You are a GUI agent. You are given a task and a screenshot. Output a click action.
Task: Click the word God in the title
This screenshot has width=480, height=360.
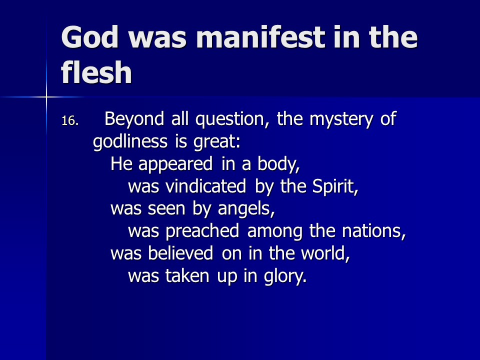coord(89,37)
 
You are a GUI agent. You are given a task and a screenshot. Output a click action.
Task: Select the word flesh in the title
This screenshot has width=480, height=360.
coord(96,72)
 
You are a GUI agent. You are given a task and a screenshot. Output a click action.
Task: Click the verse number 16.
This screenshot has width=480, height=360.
coord(70,121)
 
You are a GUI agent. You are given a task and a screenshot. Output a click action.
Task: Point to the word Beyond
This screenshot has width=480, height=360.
coord(134,119)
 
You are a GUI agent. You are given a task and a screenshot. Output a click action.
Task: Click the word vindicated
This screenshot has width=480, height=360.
coord(205,186)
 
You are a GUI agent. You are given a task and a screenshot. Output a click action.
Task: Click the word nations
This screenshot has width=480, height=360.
coord(374,231)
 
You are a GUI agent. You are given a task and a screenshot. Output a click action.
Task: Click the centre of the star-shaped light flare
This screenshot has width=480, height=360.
coord(46,97)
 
